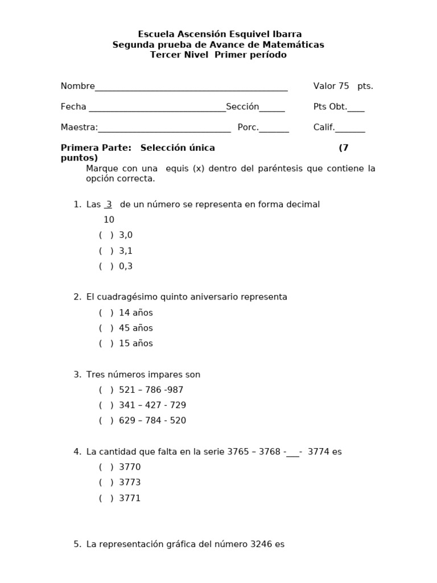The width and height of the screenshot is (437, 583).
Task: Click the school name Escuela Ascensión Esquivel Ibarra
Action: [x=220, y=34]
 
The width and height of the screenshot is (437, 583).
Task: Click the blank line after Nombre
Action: [x=191, y=87]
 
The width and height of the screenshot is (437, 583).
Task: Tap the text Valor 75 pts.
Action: [x=343, y=86]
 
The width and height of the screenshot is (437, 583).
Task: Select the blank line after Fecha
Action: [x=157, y=107]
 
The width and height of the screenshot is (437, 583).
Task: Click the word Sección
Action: [x=242, y=106]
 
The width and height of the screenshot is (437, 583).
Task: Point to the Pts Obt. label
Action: [x=330, y=106]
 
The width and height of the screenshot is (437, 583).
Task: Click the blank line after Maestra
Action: [x=164, y=128]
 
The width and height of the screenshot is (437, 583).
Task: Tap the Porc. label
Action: [x=248, y=128]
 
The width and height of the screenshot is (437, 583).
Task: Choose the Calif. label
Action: [x=324, y=128]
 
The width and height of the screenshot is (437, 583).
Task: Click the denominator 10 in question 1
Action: [x=109, y=220]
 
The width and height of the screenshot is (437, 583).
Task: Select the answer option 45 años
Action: [x=135, y=328]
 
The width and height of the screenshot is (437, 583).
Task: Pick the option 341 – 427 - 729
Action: [x=152, y=405]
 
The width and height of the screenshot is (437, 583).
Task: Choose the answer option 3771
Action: [x=129, y=498]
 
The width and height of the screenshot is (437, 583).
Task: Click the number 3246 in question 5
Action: [x=261, y=544]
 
